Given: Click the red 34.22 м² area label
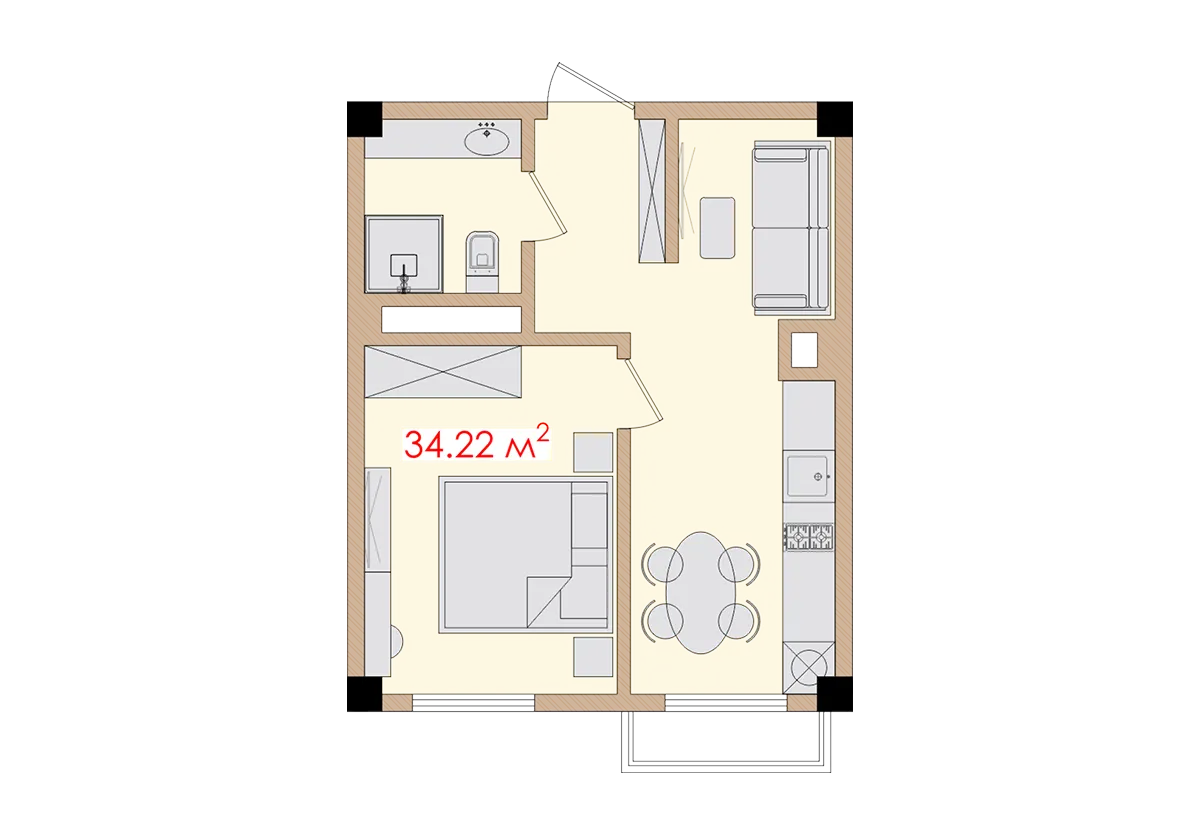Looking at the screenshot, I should coord(476,442).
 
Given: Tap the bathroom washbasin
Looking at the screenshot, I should coord(488,139).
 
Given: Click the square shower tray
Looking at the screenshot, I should coord(404,254).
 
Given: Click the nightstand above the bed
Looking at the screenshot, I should coord(593,451).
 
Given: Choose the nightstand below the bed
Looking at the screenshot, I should coord(593,657).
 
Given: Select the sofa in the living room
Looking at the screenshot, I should coord(791,226).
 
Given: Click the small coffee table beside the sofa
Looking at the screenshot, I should coord(718,227).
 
